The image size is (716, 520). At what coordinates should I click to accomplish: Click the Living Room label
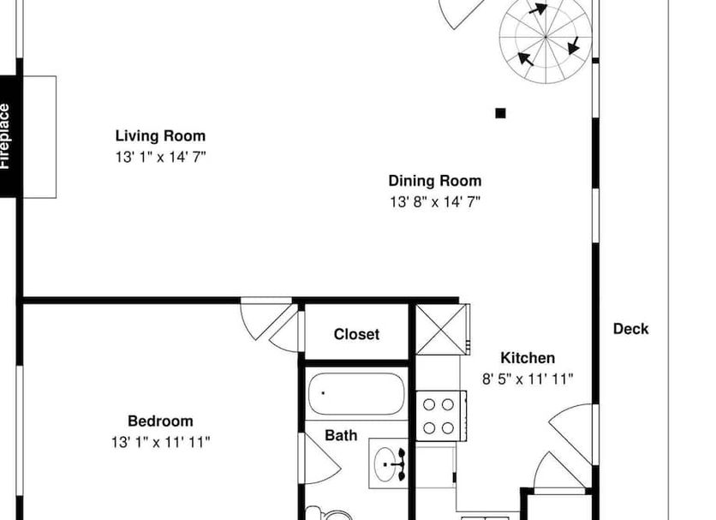(160, 135)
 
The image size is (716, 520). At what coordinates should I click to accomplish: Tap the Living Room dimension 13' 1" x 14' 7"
(160, 157)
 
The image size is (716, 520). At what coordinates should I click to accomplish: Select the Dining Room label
(435, 181)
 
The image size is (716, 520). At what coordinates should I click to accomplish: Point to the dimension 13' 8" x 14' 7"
(435, 202)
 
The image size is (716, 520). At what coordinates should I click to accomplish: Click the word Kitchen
(528, 358)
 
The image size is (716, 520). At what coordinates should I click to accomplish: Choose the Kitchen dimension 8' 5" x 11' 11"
(528, 379)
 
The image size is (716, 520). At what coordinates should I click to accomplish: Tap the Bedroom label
(160, 421)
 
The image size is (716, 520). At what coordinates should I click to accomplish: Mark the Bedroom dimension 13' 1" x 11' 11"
(160, 442)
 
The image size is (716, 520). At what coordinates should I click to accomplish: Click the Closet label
(356, 334)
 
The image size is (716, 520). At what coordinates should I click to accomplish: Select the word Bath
(341, 435)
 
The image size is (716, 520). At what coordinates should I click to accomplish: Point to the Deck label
(630, 329)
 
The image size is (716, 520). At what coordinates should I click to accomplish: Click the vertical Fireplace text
(4, 136)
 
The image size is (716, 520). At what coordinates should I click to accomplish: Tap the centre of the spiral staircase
(546, 37)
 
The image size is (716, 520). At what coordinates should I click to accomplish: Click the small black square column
(500, 113)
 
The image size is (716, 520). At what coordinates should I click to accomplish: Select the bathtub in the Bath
(356, 393)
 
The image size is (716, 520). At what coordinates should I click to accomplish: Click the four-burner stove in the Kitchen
(441, 415)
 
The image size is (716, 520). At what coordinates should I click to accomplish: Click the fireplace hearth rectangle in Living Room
(39, 137)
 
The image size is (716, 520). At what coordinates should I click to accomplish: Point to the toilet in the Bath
(330, 514)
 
